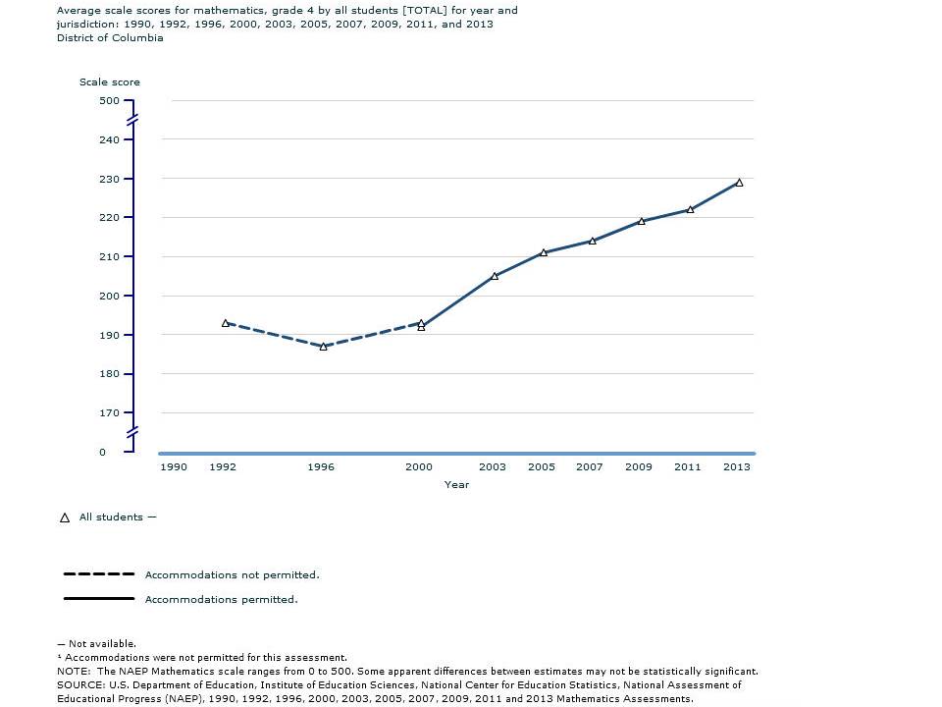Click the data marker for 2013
(x=739, y=183)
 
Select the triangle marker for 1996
(x=323, y=347)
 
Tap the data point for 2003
(x=495, y=276)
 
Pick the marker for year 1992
(x=225, y=323)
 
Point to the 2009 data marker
(x=641, y=222)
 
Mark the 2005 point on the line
(x=544, y=252)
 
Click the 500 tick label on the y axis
(x=108, y=101)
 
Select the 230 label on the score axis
(x=108, y=180)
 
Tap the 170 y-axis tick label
(x=108, y=413)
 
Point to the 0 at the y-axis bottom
(x=102, y=453)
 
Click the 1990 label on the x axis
(x=174, y=467)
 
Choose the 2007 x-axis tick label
(x=589, y=467)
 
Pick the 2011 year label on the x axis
(x=687, y=467)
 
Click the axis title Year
(x=456, y=484)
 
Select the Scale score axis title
(x=110, y=82)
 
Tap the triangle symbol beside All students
(x=65, y=517)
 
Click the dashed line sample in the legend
(x=98, y=574)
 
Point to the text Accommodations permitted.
(x=221, y=599)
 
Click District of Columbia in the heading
(x=110, y=38)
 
